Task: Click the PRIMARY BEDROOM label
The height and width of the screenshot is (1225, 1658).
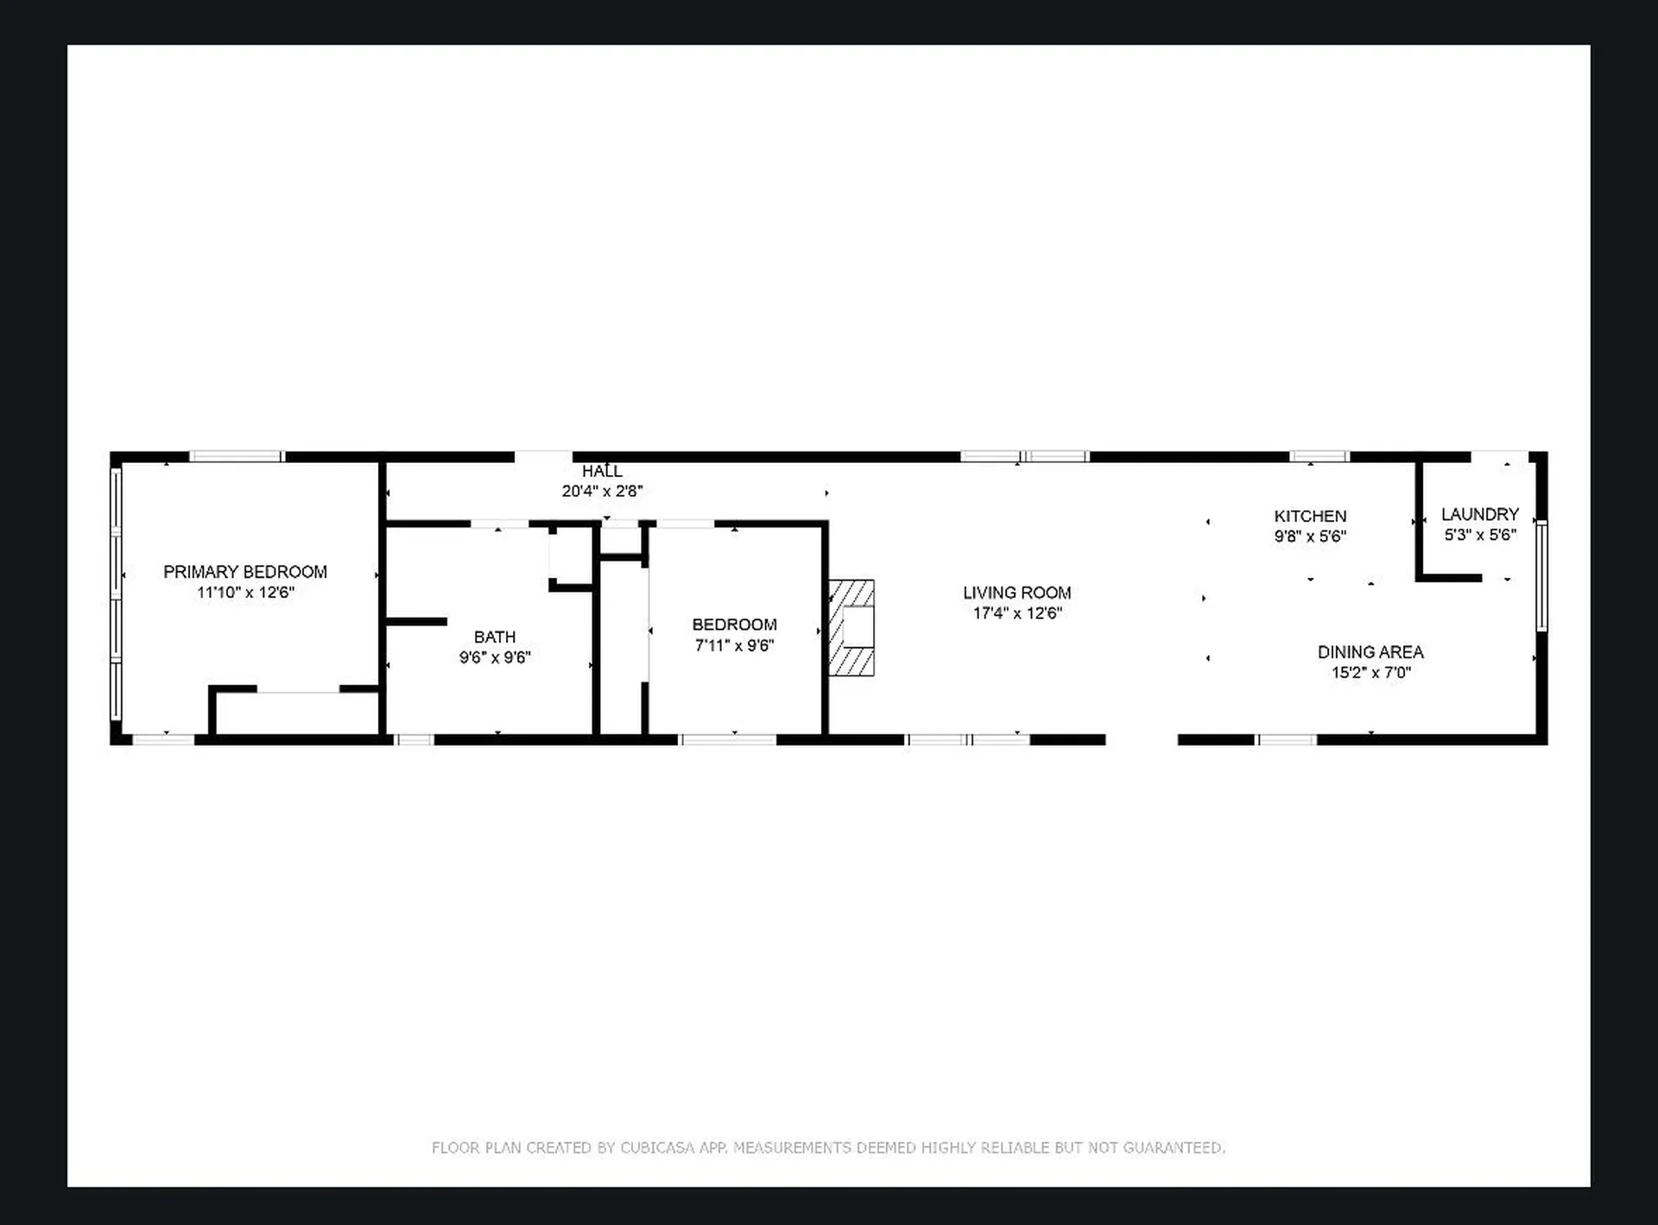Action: [x=245, y=572]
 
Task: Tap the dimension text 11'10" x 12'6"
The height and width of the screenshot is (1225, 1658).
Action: [x=245, y=593]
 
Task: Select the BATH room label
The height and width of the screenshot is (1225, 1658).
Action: [x=495, y=637]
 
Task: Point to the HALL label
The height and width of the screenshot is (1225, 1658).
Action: [x=602, y=471]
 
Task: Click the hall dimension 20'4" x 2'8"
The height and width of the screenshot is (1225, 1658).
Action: [x=602, y=492]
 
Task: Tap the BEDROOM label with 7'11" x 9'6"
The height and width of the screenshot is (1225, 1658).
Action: [x=734, y=625]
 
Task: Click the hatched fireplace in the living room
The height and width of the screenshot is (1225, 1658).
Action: [x=852, y=628]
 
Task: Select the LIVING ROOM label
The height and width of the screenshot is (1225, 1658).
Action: [x=1016, y=593]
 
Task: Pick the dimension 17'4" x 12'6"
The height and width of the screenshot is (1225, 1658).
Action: [x=1016, y=613]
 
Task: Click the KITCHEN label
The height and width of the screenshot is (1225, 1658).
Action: [x=1310, y=516]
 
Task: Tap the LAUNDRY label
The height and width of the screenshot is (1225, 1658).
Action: [x=1479, y=514]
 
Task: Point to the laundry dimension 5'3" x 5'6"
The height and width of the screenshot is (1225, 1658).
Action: [x=1479, y=535]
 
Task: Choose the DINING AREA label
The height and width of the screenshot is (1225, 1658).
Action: [x=1370, y=652]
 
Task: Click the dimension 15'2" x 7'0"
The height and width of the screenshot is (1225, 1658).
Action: [x=1370, y=673]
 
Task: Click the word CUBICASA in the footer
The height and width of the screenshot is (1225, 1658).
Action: [x=657, y=1147]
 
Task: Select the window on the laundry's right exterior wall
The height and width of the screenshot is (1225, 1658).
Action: [x=1541, y=575]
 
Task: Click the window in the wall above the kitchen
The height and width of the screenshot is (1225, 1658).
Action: [x=1319, y=456]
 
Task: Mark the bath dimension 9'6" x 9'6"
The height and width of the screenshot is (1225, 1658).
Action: [x=495, y=657]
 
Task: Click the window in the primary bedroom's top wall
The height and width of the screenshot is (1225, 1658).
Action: [x=237, y=456]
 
